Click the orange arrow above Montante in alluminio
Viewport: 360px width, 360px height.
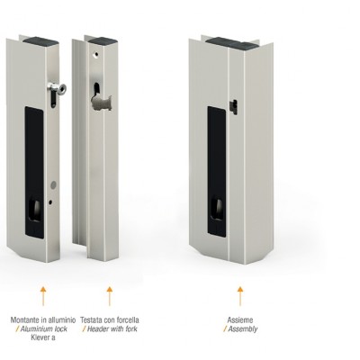pos(43,296)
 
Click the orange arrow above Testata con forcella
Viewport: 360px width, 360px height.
pos(110,296)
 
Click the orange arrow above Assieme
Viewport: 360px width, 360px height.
pos(240,296)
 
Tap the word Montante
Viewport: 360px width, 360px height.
pos(25,320)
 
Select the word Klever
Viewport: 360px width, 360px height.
pos(40,337)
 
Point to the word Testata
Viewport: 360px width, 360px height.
pos(90,320)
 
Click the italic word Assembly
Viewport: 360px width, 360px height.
pos(243,329)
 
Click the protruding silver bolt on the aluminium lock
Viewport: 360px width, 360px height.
pos(57,88)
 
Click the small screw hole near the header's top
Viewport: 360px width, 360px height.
pos(96,55)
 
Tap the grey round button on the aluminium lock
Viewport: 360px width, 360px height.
pos(53,185)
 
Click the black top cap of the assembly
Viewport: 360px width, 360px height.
pos(232,44)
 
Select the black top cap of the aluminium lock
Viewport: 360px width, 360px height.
pos(40,41)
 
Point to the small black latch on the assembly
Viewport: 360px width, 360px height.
pos(233,107)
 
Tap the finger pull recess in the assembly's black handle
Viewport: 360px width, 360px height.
pos(218,209)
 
